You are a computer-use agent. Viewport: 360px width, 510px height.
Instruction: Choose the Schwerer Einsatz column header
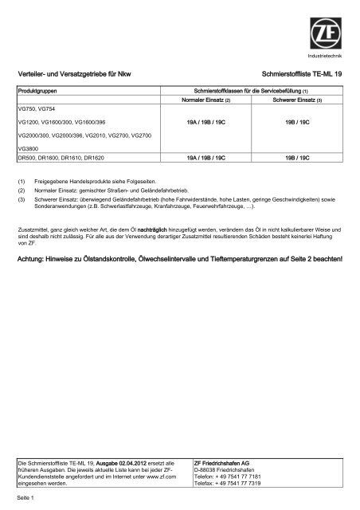pyautogui.click(x=294, y=101)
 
